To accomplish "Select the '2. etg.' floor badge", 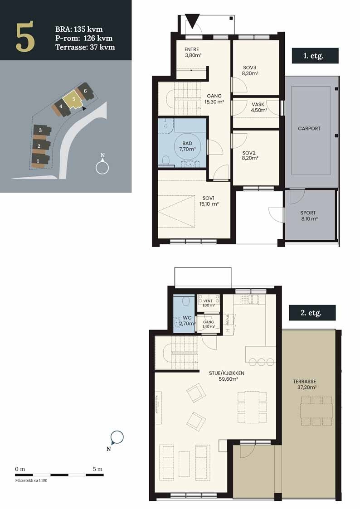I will [312, 313].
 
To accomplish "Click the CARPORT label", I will [309, 129].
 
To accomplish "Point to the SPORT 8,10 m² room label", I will [308, 216].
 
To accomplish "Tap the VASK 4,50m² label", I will [259, 107].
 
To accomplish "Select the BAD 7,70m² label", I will [187, 146].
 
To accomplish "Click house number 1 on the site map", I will [38, 160].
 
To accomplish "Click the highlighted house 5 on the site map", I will [73, 99].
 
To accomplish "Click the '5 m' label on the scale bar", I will [97, 469].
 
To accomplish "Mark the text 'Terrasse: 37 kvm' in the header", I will [85, 47].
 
